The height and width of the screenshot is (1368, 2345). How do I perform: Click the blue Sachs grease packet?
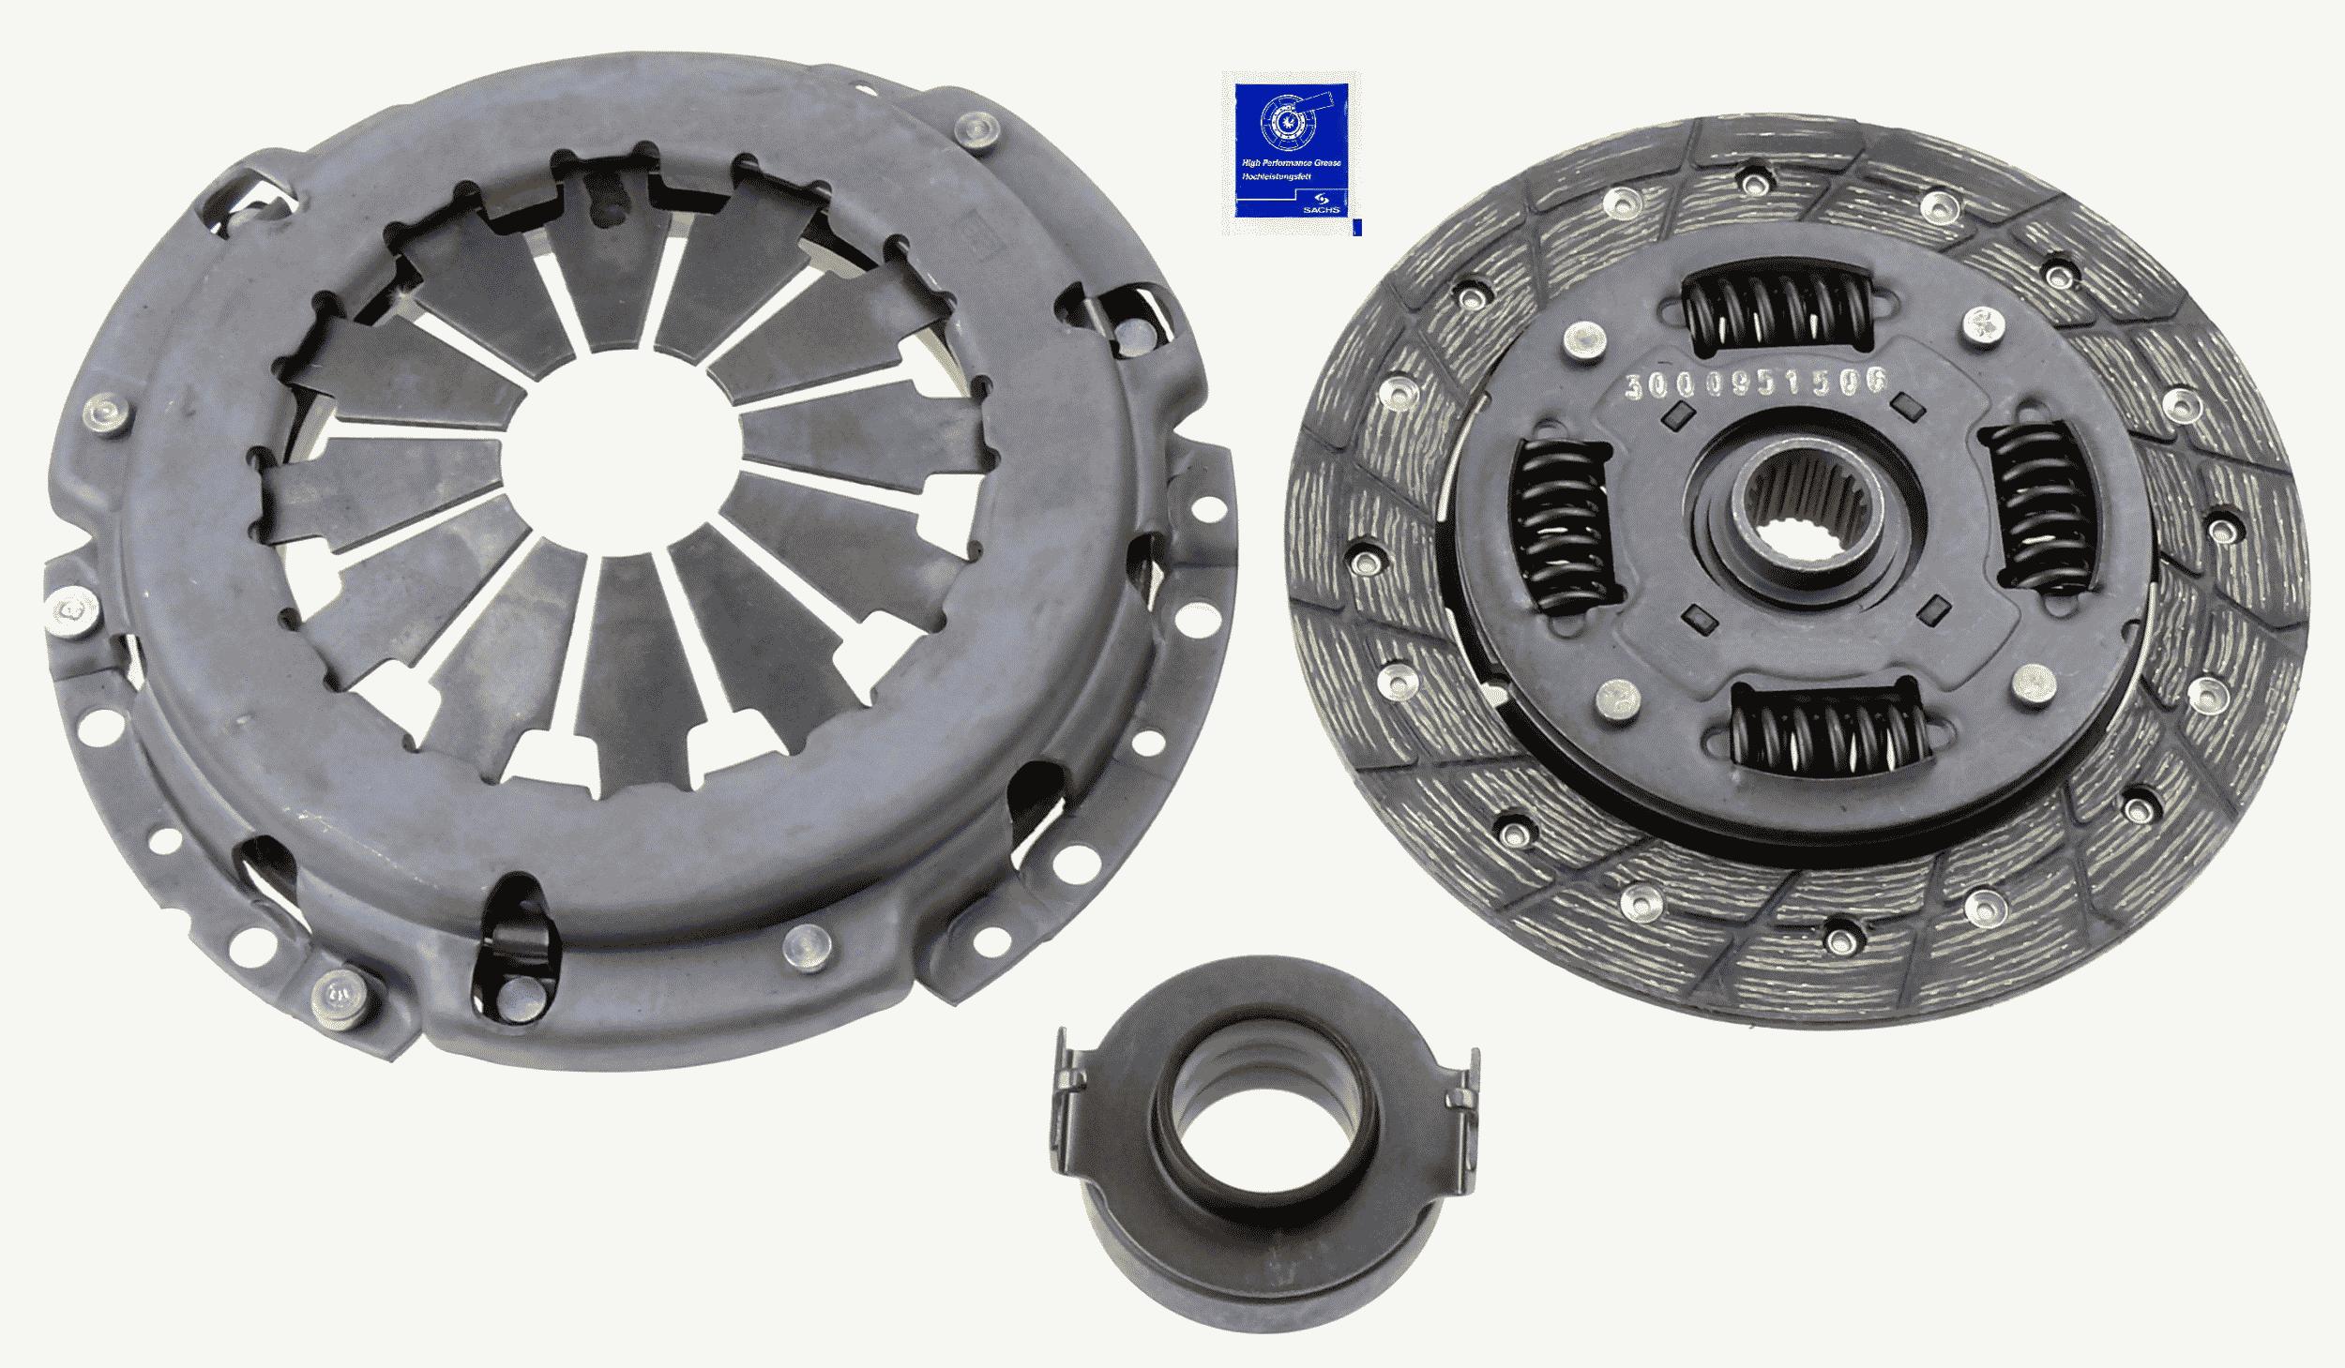[x=1291, y=155]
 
